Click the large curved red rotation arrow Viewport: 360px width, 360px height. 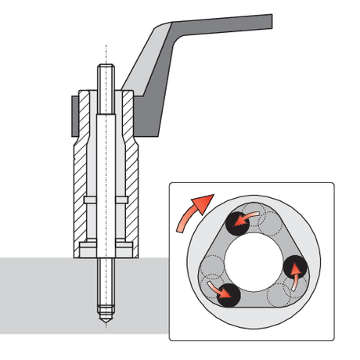(193, 212)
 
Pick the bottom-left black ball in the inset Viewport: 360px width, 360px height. (226, 294)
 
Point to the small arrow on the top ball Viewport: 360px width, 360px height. (249, 215)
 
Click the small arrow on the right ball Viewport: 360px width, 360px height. (295, 275)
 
